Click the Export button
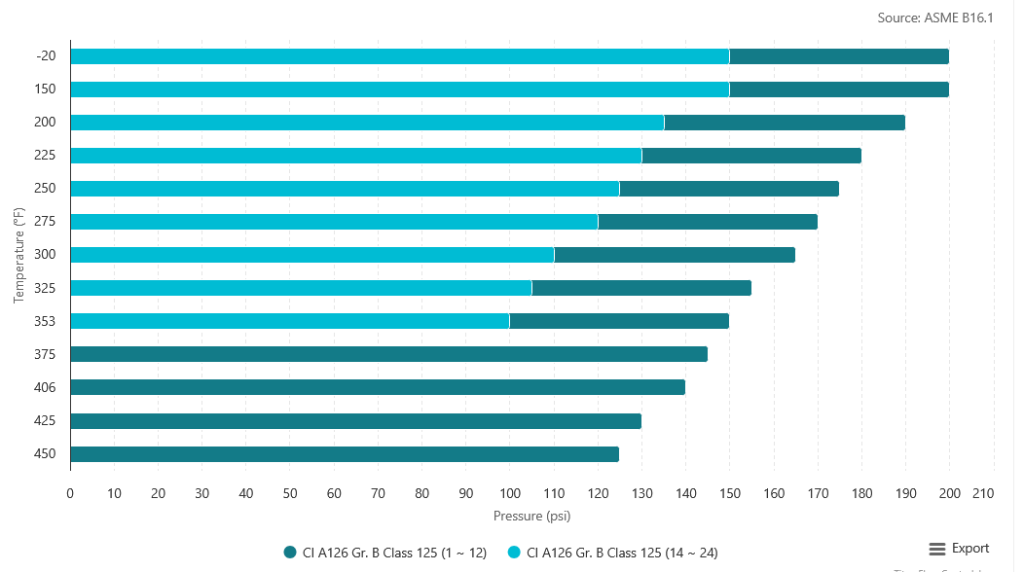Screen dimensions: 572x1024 (x=959, y=549)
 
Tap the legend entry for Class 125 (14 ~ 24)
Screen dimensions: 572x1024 (x=612, y=553)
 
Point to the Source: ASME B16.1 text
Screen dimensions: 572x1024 (x=934, y=18)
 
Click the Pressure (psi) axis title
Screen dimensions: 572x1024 (x=531, y=516)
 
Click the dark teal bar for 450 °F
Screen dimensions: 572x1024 (x=345, y=454)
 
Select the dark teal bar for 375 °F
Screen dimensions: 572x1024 (x=388, y=354)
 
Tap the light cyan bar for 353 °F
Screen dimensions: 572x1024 (x=290, y=321)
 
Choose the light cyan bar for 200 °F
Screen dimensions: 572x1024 (x=367, y=123)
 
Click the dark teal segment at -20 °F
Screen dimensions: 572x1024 (x=839, y=56)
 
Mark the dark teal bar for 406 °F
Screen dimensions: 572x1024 (x=378, y=387)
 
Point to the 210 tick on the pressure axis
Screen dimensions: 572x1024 (x=983, y=494)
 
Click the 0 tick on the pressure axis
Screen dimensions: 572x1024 (x=70, y=494)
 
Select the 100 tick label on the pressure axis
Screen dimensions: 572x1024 (x=510, y=494)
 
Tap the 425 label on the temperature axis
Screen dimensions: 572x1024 (x=45, y=421)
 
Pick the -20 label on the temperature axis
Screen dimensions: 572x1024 (x=46, y=55)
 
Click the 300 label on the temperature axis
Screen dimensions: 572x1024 (x=45, y=255)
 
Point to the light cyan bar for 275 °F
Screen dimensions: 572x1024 (x=334, y=222)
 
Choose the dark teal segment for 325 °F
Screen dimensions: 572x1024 (x=641, y=288)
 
